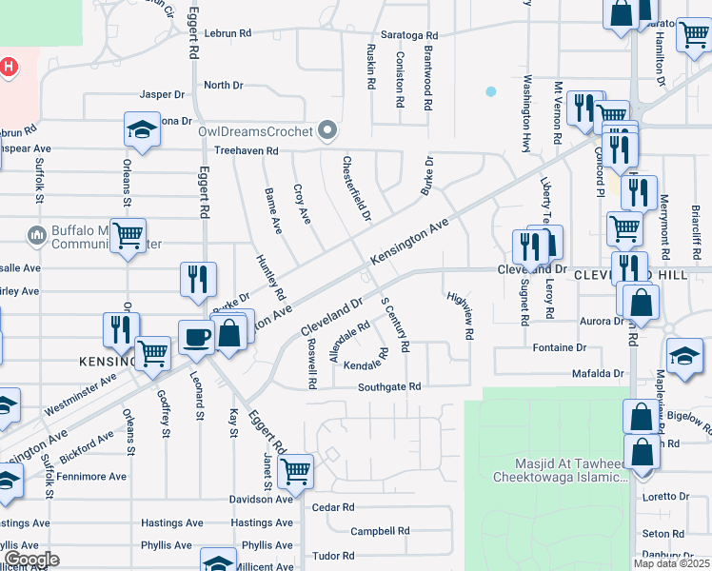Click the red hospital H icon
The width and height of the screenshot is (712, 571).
(x=9, y=68)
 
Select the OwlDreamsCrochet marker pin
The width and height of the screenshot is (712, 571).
(x=328, y=128)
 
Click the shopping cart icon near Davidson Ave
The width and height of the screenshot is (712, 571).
(x=296, y=469)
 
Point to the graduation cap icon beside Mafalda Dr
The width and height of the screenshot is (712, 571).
(x=683, y=355)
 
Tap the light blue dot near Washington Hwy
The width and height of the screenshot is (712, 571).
(x=490, y=92)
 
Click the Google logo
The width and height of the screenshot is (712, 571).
(x=30, y=560)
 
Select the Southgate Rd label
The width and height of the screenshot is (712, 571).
(x=388, y=387)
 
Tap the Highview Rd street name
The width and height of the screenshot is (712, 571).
(x=461, y=315)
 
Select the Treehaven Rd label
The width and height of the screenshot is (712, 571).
(x=246, y=151)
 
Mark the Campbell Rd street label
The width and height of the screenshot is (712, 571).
(x=380, y=531)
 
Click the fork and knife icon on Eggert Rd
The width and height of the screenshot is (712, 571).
(x=198, y=279)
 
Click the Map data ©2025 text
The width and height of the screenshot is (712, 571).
(x=671, y=563)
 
